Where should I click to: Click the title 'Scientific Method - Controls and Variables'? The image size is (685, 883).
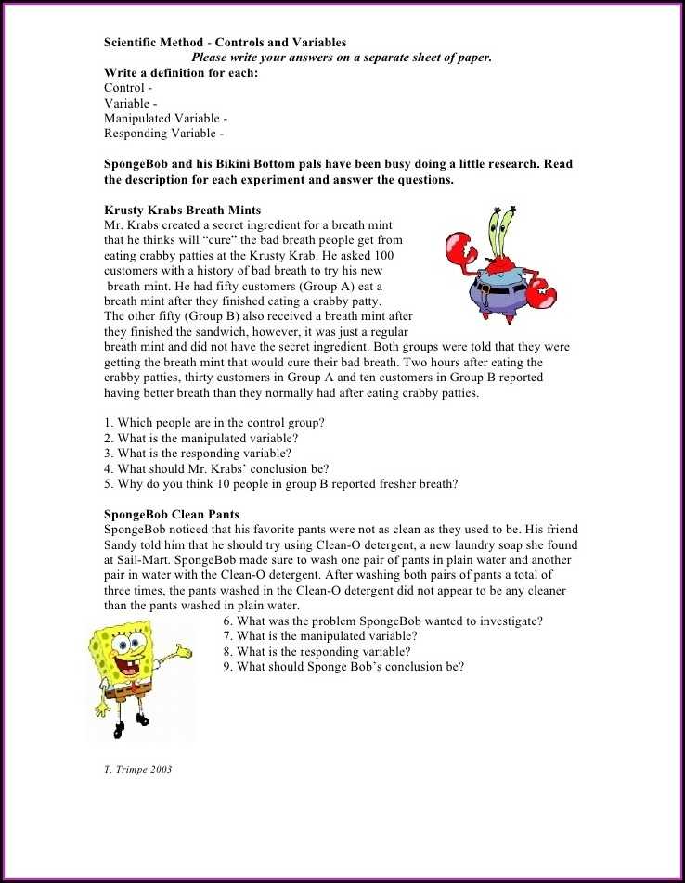point(225,42)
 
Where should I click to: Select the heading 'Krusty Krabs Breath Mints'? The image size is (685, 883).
point(182,211)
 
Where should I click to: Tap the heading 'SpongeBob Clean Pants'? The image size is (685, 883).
point(171,514)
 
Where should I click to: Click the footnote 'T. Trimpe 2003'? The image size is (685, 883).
point(137,769)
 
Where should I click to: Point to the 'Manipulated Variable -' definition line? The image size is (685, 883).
point(165,119)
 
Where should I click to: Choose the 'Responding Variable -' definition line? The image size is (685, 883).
point(163,134)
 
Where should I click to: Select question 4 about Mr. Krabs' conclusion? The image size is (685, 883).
point(216,468)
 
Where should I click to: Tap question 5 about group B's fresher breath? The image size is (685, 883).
point(280,483)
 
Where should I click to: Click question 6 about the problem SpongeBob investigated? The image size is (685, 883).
point(382,621)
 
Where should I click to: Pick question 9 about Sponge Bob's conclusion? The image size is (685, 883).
point(343,666)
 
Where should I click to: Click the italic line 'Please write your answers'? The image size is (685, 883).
point(341,58)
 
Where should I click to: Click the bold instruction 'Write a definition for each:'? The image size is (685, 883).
point(181,72)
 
